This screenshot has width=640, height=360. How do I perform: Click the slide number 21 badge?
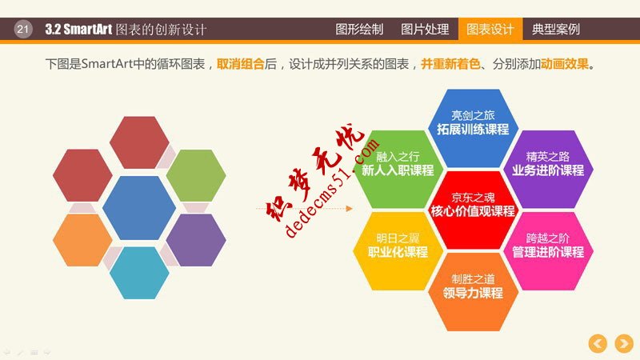(22, 30)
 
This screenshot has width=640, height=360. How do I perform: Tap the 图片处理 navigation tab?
(425, 30)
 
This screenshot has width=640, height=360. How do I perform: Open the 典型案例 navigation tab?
(556, 30)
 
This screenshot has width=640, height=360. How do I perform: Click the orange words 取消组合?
(241, 64)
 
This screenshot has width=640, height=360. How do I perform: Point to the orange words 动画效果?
(565, 64)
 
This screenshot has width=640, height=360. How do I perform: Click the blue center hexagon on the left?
(139, 207)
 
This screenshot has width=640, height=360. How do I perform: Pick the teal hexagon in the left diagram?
(139, 273)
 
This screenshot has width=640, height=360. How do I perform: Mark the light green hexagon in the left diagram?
(196, 175)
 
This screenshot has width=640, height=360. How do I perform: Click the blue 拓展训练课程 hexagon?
(473, 122)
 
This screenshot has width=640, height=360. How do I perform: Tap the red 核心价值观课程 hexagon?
(473, 205)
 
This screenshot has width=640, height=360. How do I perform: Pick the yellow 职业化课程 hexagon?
(398, 246)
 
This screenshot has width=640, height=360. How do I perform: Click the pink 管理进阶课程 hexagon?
(548, 246)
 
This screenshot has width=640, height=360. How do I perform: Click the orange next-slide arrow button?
(622, 343)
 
